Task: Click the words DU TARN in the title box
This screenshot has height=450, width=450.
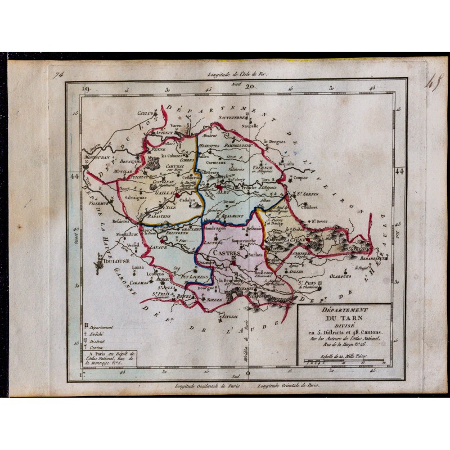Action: click(347, 323)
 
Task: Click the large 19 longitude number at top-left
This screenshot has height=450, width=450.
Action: click(85, 88)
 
